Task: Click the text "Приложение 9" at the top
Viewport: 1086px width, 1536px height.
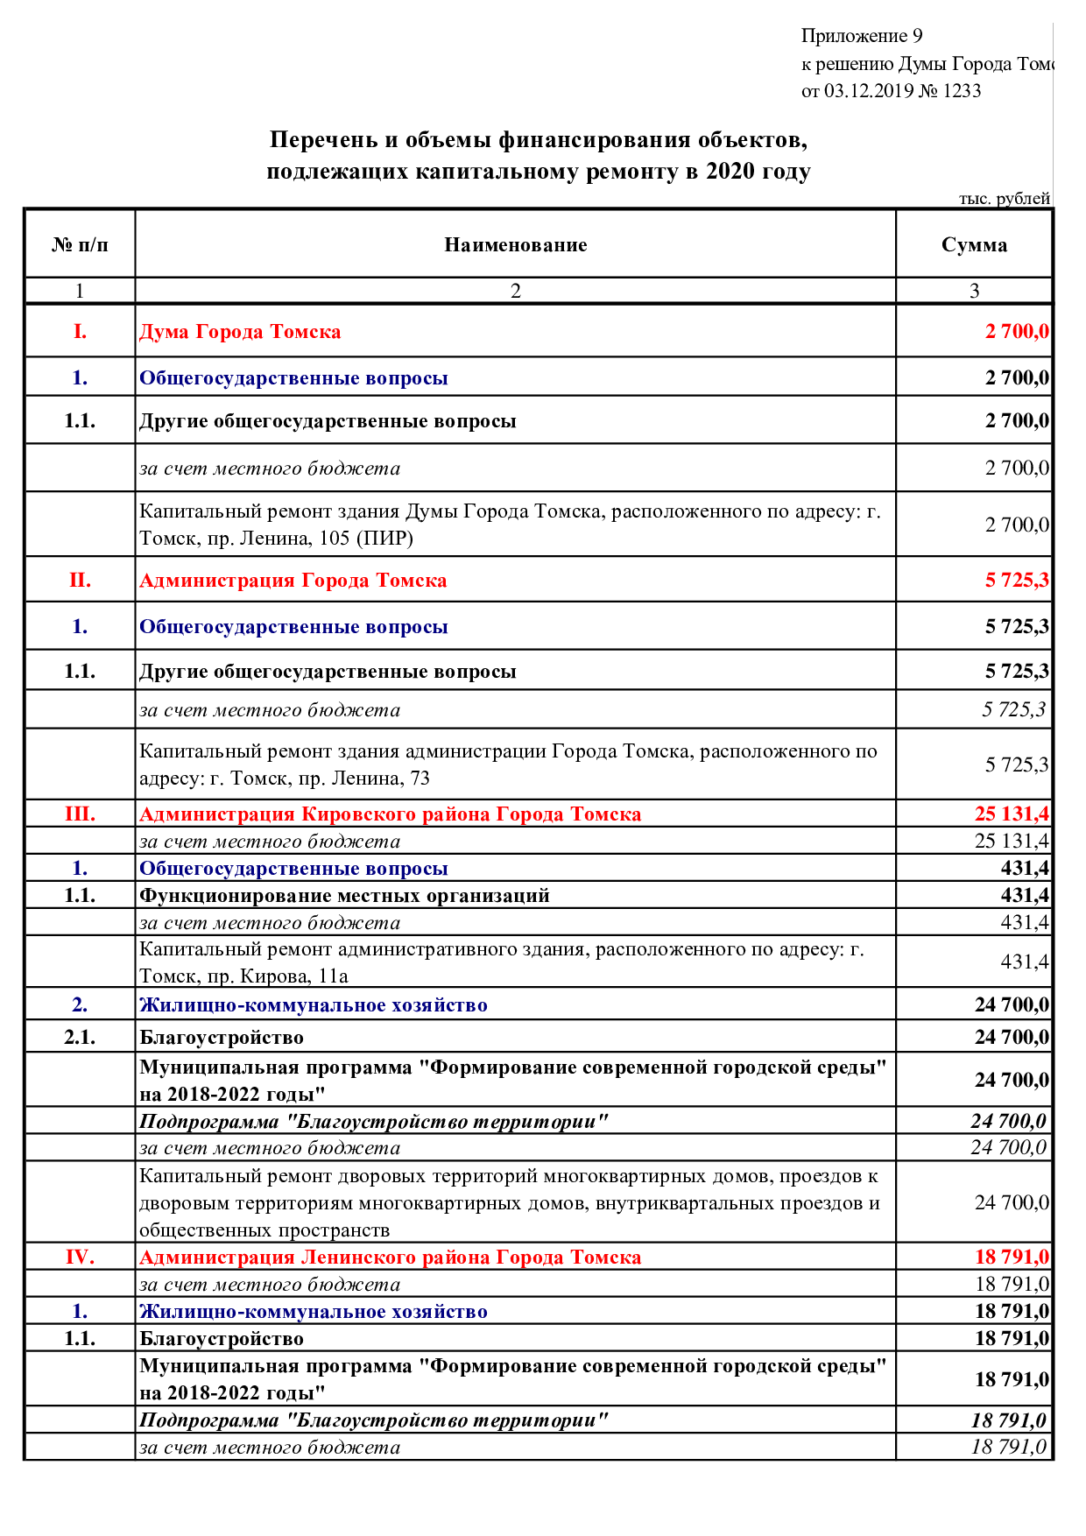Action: [861, 36]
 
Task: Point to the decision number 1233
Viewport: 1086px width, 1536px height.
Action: [962, 91]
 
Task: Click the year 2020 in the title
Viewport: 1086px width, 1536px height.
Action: [730, 171]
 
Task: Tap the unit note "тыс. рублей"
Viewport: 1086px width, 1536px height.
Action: [1004, 199]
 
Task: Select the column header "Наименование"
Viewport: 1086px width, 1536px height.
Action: [515, 245]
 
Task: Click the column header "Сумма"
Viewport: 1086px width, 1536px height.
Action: [974, 245]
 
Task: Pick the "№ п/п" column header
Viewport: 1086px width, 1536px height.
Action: [80, 245]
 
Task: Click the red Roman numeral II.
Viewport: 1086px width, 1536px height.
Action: [80, 581]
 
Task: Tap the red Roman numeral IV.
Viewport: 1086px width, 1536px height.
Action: [80, 1258]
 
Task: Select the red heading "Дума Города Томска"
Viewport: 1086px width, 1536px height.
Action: [240, 332]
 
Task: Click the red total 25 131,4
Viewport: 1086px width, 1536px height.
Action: [1011, 814]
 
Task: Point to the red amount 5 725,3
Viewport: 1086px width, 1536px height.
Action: [1016, 581]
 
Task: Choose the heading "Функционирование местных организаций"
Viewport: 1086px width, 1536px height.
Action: [344, 896]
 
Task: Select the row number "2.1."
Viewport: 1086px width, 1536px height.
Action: [80, 1038]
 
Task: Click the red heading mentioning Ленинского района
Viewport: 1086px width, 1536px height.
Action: [391, 1258]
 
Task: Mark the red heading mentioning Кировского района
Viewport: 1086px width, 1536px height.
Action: [391, 814]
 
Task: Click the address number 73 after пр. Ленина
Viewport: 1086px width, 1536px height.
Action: [420, 779]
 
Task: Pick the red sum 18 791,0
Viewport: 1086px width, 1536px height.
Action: [1012, 1258]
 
